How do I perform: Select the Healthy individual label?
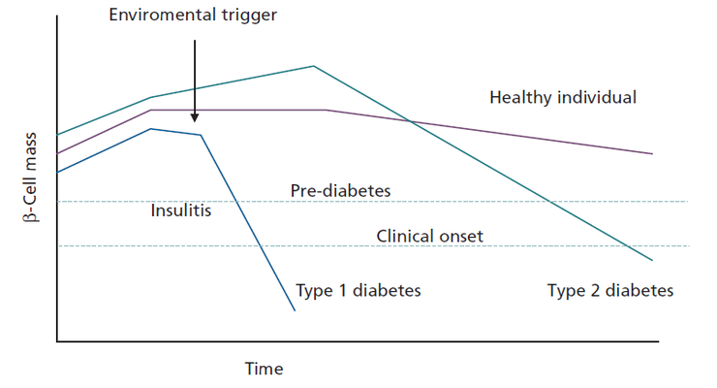563,97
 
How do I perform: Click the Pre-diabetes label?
340,190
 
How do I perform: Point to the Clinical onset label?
429,236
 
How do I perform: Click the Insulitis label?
181,210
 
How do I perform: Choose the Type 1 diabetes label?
358,290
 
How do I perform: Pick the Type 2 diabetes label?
610,290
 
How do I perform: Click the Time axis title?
264,369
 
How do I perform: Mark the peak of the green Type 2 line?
313,66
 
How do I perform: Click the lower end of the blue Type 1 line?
295,310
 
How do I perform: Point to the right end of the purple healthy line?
651,153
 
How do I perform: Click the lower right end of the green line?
651,261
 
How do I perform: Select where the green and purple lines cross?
410,121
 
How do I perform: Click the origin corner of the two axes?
57,341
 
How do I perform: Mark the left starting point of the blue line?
58,172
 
